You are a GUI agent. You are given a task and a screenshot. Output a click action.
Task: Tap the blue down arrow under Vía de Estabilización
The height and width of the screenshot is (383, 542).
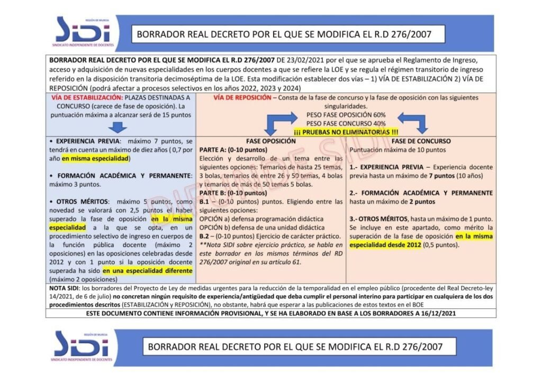click(x=121, y=126)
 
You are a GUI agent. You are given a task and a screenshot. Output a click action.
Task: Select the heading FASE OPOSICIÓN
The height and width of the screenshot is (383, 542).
click(x=271, y=141)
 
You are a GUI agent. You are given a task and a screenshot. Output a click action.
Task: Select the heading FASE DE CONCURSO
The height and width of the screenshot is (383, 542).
click(x=421, y=141)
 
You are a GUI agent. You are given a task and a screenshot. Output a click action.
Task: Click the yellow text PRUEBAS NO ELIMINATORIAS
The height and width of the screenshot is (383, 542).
click(x=346, y=131)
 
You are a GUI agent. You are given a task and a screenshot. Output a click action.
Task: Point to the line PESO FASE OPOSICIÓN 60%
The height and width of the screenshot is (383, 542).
click(x=346, y=115)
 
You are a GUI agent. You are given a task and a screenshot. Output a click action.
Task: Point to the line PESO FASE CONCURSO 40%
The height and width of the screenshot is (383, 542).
click(x=346, y=123)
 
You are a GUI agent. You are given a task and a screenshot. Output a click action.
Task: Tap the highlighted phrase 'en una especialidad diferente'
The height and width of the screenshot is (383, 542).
click(x=148, y=271)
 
